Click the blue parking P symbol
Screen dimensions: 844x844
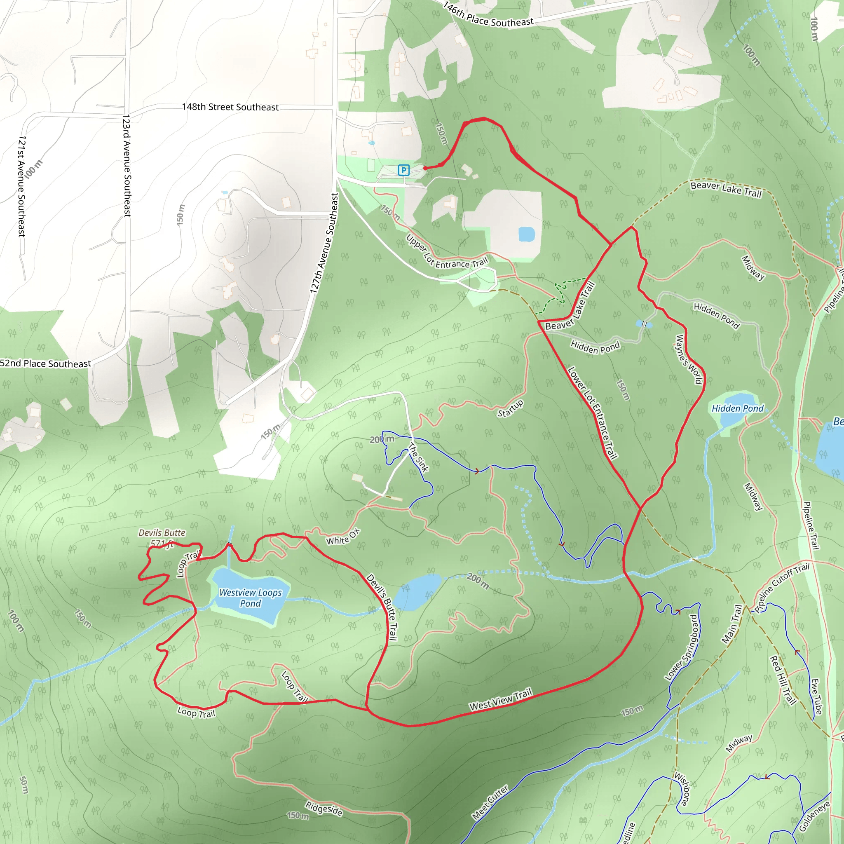403,170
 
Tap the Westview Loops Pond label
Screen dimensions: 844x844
250,598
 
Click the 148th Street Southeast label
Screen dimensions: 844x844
230,107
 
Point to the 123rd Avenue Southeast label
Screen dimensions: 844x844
127,166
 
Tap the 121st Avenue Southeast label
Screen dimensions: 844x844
21,186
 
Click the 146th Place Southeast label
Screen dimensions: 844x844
488,15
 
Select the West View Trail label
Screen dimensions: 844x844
501,699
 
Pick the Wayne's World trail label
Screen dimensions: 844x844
689,359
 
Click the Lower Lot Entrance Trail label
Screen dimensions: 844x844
592,413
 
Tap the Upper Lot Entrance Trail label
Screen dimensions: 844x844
446,253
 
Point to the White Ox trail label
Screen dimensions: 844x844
343,537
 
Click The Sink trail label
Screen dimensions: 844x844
418,457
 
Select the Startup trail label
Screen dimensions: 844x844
510,408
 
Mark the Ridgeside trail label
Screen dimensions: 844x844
324,809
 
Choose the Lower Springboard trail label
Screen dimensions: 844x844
682,647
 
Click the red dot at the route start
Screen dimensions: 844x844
425,168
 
